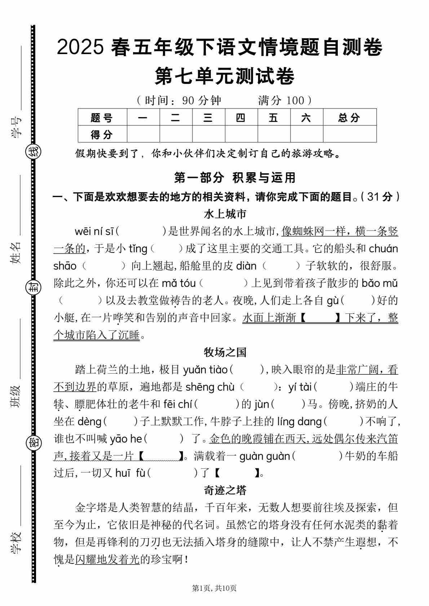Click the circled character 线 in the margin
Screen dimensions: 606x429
point(34,152)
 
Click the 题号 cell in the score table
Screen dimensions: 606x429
point(102,117)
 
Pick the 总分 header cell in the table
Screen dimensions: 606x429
point(349,117)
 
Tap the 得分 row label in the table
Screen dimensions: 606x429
point(102,134)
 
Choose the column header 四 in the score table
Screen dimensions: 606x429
point(241,117)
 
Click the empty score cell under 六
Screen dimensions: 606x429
point(306,134)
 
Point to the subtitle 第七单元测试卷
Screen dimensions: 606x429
point(225,76)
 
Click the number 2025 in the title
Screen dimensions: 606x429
point(80,48)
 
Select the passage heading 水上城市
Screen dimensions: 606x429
point(225,214)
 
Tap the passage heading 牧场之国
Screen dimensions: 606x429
point(225,352)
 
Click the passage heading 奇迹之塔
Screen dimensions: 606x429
point(225,490)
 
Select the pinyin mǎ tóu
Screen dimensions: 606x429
point(178,283)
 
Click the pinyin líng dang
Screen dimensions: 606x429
point(299,421)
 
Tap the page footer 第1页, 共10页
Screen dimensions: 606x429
point(214,588)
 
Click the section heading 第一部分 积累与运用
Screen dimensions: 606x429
point(235,178)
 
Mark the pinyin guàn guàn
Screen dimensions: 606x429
point(265,456)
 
